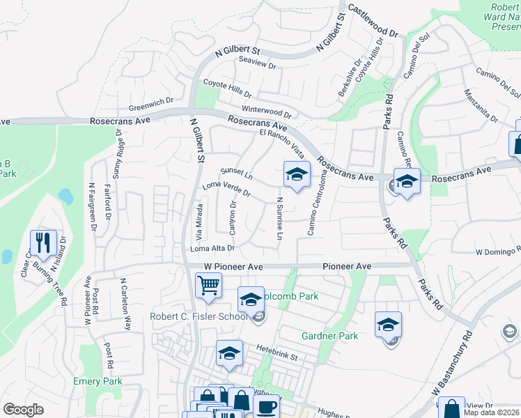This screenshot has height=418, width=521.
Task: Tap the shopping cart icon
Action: coord(208,284)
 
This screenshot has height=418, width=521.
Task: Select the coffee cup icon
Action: coord(267,406)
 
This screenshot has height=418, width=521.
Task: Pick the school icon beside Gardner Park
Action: coord(388,325)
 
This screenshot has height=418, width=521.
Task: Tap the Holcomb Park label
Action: coord(295,296)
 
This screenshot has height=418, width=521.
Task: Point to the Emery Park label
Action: coord(98,381)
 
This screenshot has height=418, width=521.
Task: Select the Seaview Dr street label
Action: coord(258,67)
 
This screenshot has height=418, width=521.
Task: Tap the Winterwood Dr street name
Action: coord(266,111)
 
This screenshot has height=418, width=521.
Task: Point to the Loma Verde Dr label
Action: coord(226,188)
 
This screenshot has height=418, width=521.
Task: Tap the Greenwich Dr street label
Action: coord(151,104)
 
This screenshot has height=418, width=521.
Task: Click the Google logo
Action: coord(24,410)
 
